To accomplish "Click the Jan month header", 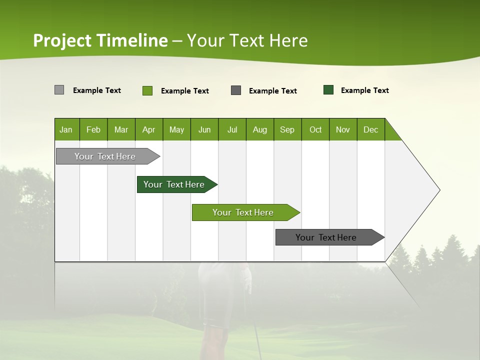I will point(66,129).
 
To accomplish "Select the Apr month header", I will point(149,129).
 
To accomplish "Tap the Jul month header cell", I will point(232,129).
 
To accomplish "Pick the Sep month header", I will point(287,129).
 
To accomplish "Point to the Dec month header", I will point(370,129).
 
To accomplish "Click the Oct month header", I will point(315,129).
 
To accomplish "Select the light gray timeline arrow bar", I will point(105,156).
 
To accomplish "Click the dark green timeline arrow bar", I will point(174,184).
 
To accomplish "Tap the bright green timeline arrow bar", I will point(243,212).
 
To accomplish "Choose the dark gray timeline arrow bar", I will point(326,237).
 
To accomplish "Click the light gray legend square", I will point(59,90).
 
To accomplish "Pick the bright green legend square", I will point(147,90).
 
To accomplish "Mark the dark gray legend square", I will point(236,90).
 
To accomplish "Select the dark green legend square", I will point(328,90).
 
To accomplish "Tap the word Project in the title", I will point(62,40).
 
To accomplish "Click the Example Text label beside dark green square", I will point(364,90).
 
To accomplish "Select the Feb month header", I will point(93,129).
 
